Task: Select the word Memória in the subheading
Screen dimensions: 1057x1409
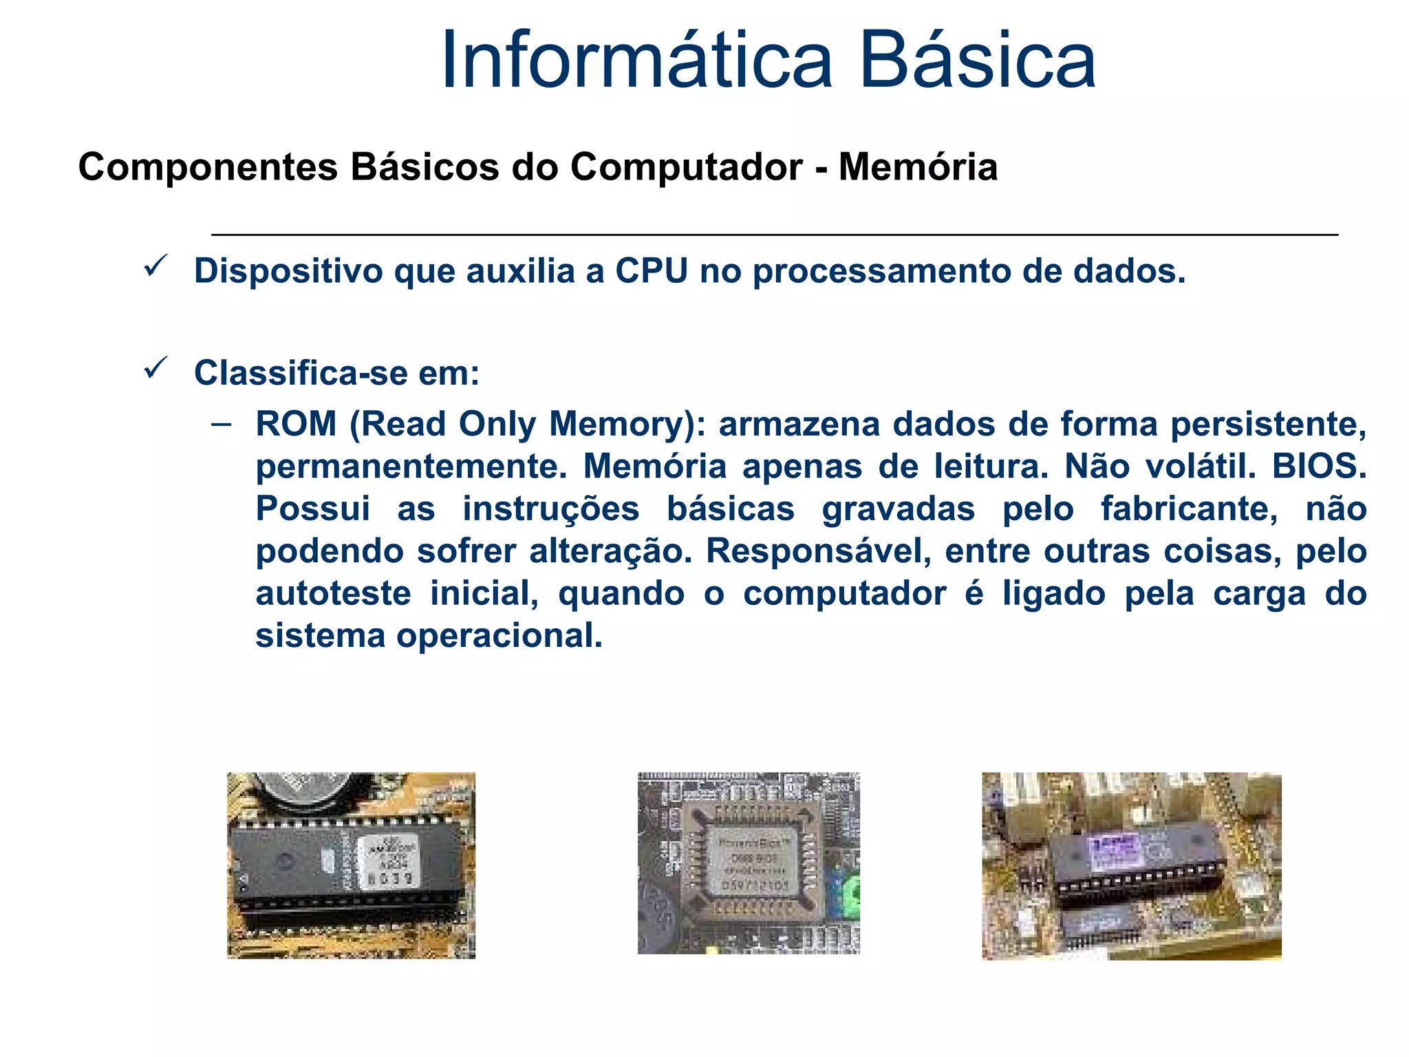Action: point(918,167)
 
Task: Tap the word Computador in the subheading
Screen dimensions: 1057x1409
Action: point(686,167)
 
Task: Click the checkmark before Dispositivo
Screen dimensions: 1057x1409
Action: point(156,266)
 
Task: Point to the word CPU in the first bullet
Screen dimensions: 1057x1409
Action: point(651,270)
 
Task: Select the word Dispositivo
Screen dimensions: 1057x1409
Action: point(288,270)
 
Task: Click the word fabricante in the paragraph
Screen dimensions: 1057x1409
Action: point(1189,509)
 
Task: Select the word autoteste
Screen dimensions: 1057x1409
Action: point(333,593)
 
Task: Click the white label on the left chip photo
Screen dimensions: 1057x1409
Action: point(387,862)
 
